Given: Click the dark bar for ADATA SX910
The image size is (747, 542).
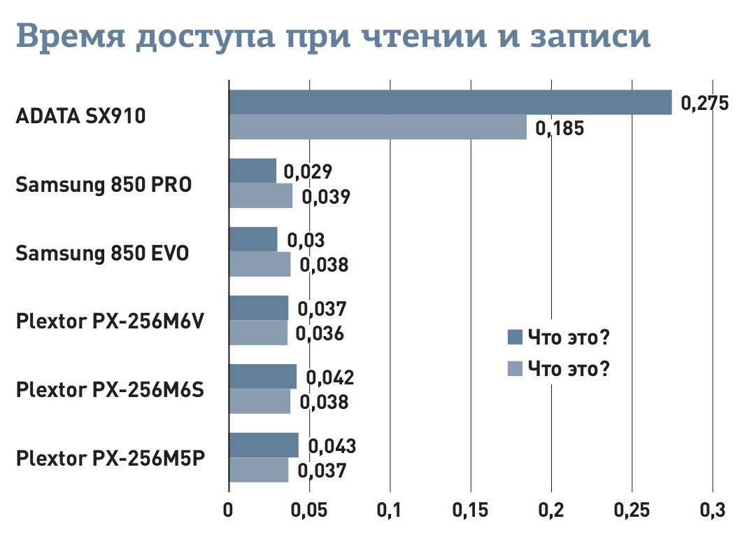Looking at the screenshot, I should pyautogui.click(x=450, y=102).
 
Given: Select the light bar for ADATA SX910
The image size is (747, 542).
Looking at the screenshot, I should pyautogui.click(x=378, y=127).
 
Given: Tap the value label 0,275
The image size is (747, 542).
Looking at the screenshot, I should pyautogui.click(x=704, y=104).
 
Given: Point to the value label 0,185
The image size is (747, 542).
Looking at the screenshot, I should pyautogui.click(x=559, y=129).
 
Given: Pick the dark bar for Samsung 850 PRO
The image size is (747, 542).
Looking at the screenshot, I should pyautogui.click(x=252, y=171).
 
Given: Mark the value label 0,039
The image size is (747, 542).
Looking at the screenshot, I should pyautogui.click(x=325, y=197).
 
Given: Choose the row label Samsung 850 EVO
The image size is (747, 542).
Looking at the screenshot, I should pyautogui.click(x=102, y=253).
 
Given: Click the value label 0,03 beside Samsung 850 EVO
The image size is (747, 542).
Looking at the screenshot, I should pyautogui.click(x=306, y=240).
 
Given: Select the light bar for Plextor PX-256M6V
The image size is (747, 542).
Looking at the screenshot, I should pyautogui.click(x=258, y=333).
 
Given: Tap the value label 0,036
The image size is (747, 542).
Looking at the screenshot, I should pyautogui.click(x=320, y=334).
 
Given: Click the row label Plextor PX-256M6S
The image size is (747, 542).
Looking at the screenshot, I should pyautogui.click(x=110, y=389).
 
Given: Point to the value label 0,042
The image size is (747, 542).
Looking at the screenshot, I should pyautogui.click(x=330, y=377).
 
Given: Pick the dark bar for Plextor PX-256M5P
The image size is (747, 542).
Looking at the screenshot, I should pyautogui.click(x=264, y=445).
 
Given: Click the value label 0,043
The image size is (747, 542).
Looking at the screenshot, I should pyautogui.click(x=332, y=446).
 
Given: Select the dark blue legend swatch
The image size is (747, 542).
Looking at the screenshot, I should pyautogui.click(x=515, y=338).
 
